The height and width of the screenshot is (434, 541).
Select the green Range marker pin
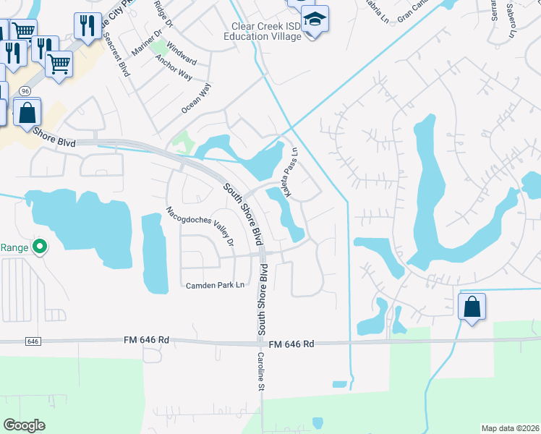(40, 247)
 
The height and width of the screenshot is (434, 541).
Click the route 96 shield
(25, 91)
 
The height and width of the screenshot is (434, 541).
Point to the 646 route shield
(31, 340)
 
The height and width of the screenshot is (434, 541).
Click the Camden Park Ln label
(216, 285)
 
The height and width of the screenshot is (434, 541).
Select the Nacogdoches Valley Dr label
(200, 226)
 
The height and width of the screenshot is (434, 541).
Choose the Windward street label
(181, 52)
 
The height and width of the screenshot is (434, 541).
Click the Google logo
(25, 425)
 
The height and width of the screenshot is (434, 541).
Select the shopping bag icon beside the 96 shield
(27, 112)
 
